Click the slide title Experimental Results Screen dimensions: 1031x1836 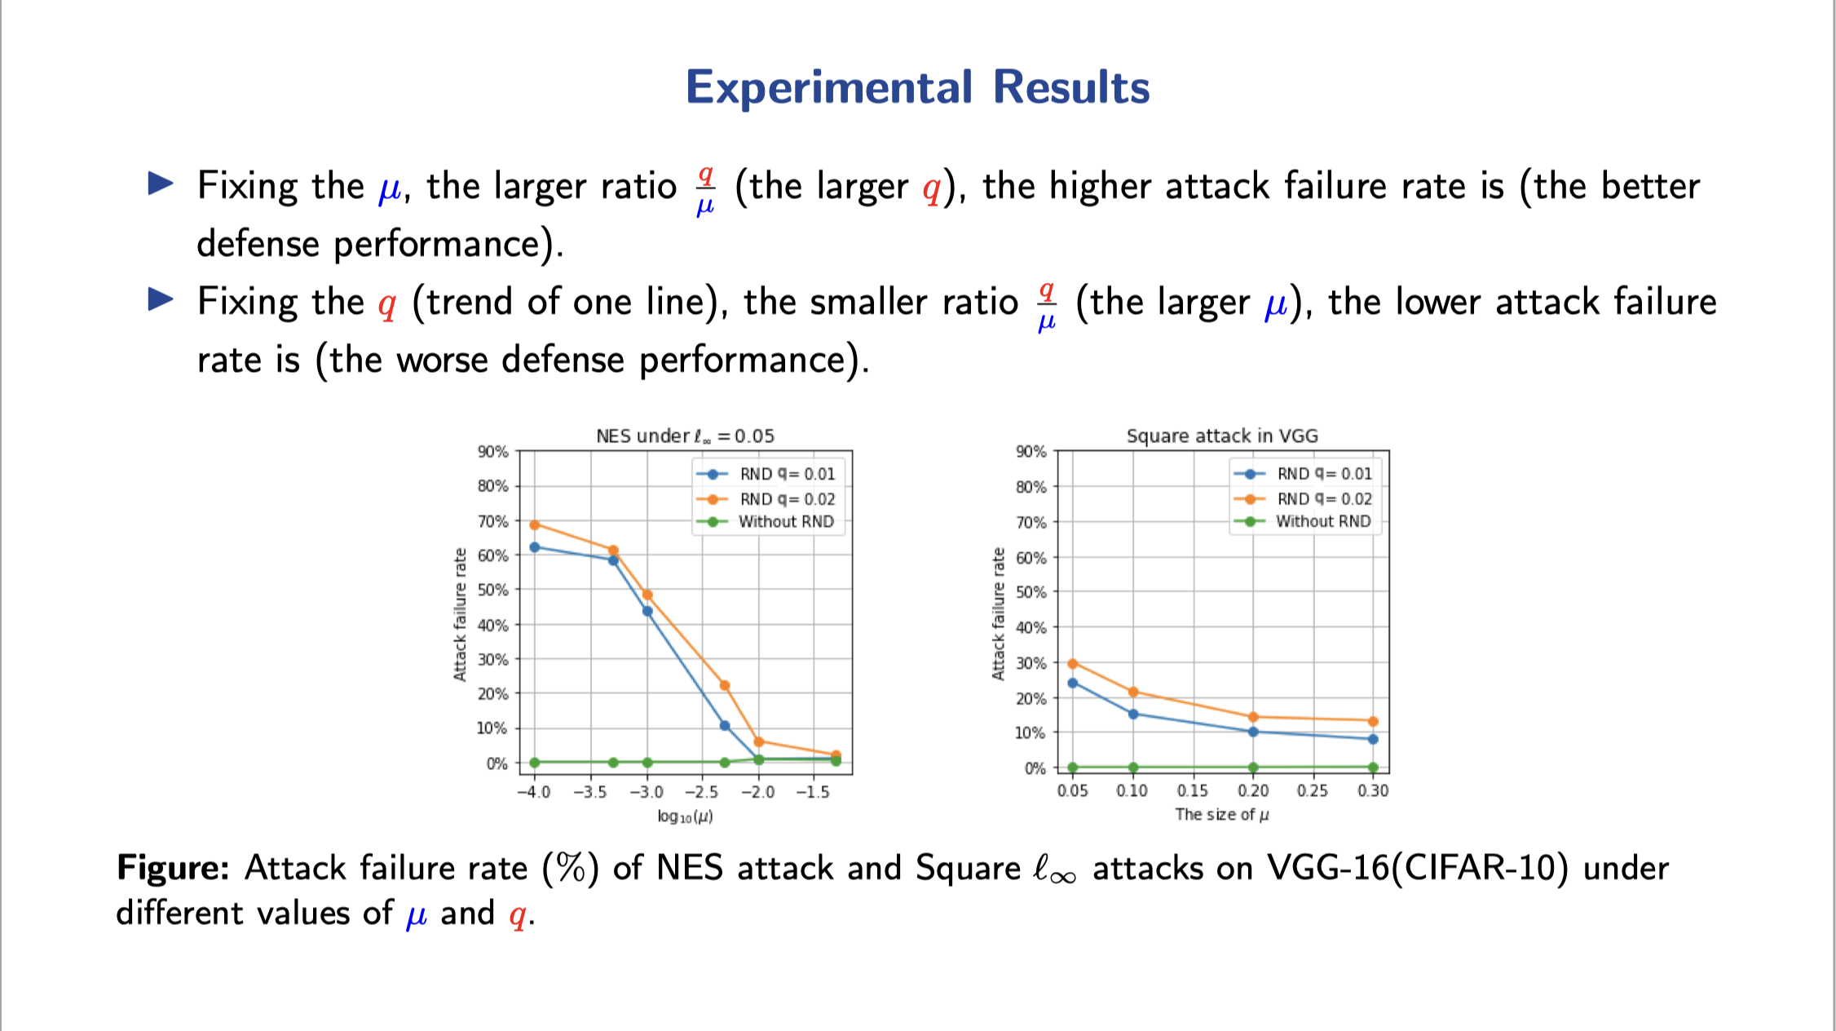click(917, 87)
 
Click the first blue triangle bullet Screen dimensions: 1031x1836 click(161, 184)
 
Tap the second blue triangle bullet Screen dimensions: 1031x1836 click(161, 299)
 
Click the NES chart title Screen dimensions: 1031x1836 click(685, 436)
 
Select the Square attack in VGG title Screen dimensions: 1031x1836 click(1222, 436)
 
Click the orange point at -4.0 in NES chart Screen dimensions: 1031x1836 click(535, 524)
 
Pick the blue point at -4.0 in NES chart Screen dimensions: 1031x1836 click(535, 547)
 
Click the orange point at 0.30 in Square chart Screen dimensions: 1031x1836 click(1373, 721)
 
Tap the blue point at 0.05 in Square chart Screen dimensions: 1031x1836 click(1073, 683)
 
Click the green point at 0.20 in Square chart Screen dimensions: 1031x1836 click(1253, 768)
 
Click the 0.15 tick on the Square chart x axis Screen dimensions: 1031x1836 click(1193, 790)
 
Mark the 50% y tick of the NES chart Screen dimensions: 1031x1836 click(492, 590)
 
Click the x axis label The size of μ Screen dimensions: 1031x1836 click(1221, 814)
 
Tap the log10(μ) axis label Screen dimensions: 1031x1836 click(685, 816)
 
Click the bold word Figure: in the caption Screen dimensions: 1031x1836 click(173, 867)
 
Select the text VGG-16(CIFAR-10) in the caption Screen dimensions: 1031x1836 click(1417, 867)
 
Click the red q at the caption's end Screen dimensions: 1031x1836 click(517, 915)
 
